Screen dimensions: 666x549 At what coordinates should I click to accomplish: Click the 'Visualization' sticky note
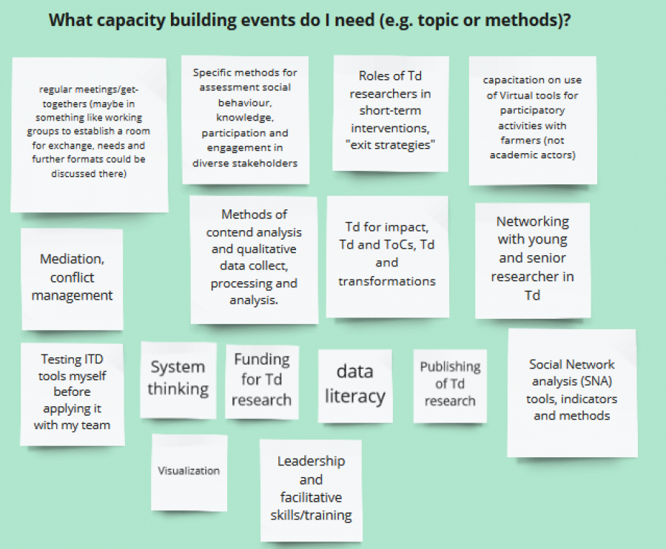[189, 472]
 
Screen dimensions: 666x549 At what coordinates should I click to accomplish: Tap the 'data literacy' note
[355, 386]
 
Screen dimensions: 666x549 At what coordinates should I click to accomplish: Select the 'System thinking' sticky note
[178, 380]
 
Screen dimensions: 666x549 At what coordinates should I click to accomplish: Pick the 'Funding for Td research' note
[262, 381]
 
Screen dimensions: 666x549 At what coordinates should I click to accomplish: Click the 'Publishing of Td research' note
[450, 385]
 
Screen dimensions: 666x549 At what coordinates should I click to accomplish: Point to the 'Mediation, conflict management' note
[73, 279]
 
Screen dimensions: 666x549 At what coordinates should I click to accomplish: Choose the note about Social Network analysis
[572, 393]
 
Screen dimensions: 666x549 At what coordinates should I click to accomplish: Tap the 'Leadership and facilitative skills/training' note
[311, 490]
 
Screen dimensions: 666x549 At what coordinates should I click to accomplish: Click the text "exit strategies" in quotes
[390, 145]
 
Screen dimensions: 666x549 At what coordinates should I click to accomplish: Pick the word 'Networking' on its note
[533, 222]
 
